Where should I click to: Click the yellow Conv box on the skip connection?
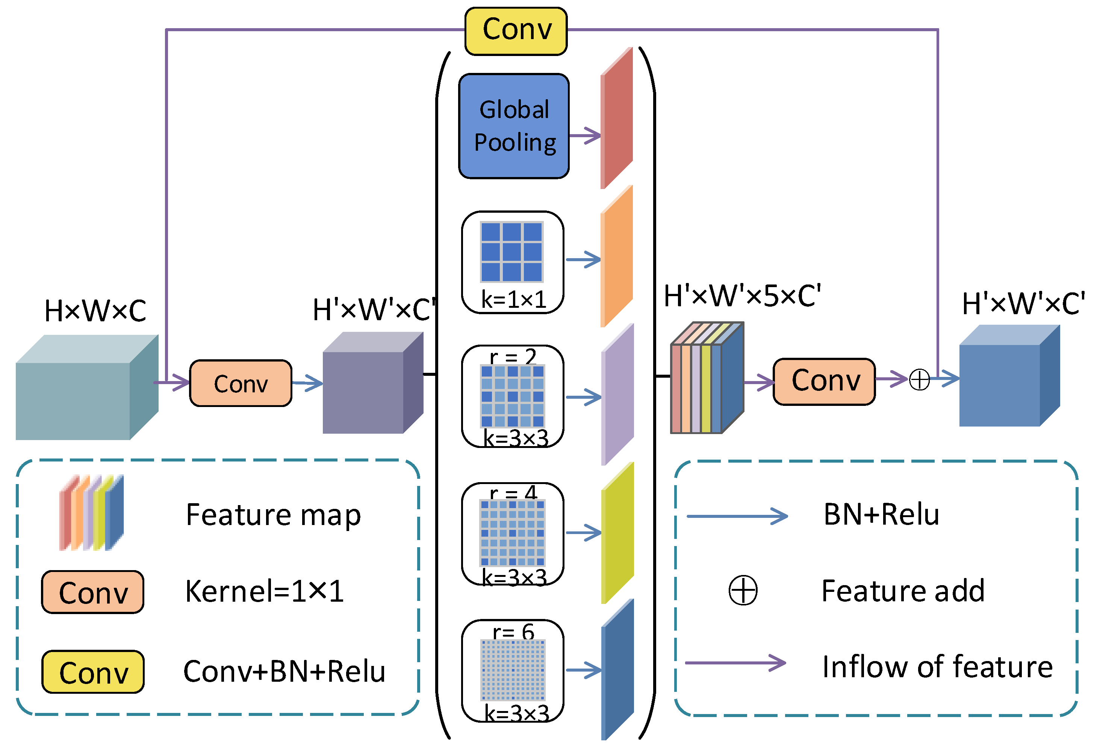click(x=516, y=31)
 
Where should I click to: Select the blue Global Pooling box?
click(x=514, y=126)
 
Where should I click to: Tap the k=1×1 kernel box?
click(x=513, y=262)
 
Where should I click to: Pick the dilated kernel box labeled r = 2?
click(x=513, y=396)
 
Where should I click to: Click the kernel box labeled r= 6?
click(x=513, y=671)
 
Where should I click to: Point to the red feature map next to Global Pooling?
click(x=616, y=118)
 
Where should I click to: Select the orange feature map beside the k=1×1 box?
click(x=616, y=256)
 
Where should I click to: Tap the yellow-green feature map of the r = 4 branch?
click(x=617, y=533)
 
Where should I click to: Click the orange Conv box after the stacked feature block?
click(x=824, y=381)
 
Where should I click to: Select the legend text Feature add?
click(x=903, y=591)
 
